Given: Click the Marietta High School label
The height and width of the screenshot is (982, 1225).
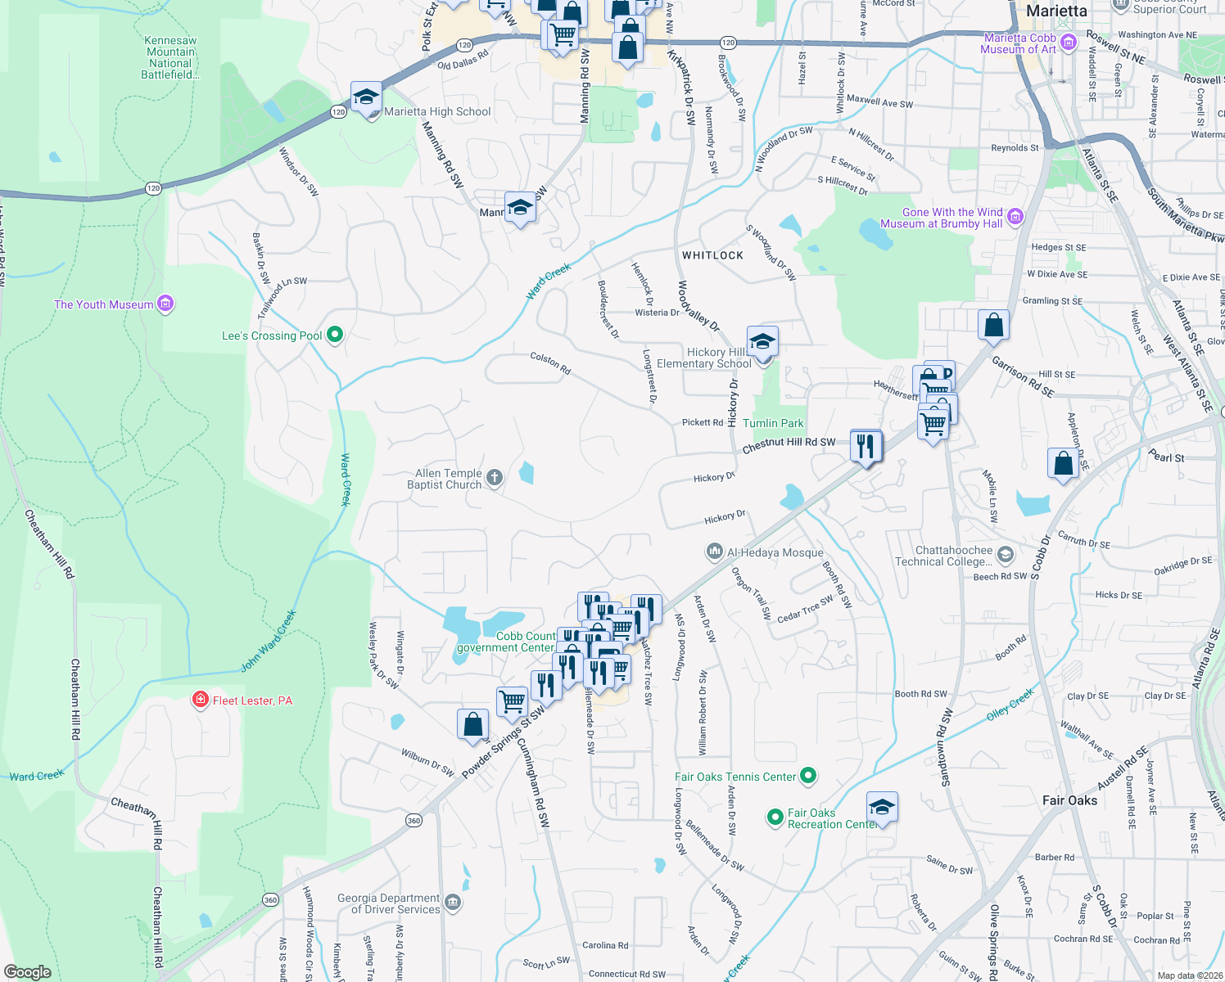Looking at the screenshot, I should pyautogui.click(x=437, y=112).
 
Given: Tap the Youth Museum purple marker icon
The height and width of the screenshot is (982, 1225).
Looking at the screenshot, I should pyautogui.click(x=165, y=304).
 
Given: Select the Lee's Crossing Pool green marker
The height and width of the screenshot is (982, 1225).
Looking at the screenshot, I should pyautogui.click(x=334, y=335).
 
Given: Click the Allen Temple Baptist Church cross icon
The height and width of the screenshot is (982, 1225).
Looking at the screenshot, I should pyautogui.click(x=494, y=478).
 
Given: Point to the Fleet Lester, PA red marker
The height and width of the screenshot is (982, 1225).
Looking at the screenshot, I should pyautogui.click(x=200, y=700).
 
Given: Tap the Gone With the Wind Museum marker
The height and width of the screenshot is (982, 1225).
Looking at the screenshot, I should pyautogui.click(x=1015, y=217).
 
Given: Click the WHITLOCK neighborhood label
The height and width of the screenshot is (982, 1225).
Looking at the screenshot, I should pyautogui.click(x=712, y=255).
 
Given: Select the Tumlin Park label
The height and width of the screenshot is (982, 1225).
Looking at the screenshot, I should pyautogui.click(x=773, y=423).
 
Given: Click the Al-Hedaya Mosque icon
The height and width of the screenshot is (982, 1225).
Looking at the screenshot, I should pyautogui.click(x=715, y=552).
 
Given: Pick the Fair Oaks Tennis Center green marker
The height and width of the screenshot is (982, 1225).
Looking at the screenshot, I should pyautogui.click(x=808, y=776).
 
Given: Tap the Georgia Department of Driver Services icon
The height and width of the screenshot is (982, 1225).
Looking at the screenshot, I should pyautogui.click(x=453, y=903).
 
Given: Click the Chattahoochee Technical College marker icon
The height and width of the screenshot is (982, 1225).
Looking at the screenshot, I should pyautogui.click(x=1006, y=556).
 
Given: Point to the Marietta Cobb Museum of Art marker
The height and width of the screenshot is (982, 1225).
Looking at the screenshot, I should pyautogui.click(x=1068, y=43).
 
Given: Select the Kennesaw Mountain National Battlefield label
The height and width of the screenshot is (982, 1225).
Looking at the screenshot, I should pyautogui.click(x=170, y=57).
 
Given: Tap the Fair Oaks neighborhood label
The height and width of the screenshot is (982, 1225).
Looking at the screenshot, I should pyautogui.click(x=1069, y=800).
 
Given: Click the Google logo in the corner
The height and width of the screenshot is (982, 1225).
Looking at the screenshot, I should pyautogui.click(x=27, y=972).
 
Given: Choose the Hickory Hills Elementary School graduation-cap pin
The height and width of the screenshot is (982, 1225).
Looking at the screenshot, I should pyautogui.click(x=762, y=340).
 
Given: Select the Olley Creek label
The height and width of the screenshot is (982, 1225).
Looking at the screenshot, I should pyautogui.click(x=1010, y=704).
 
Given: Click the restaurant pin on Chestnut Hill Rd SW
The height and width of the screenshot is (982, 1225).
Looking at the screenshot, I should pyautogui.click(x=866, y=446).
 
